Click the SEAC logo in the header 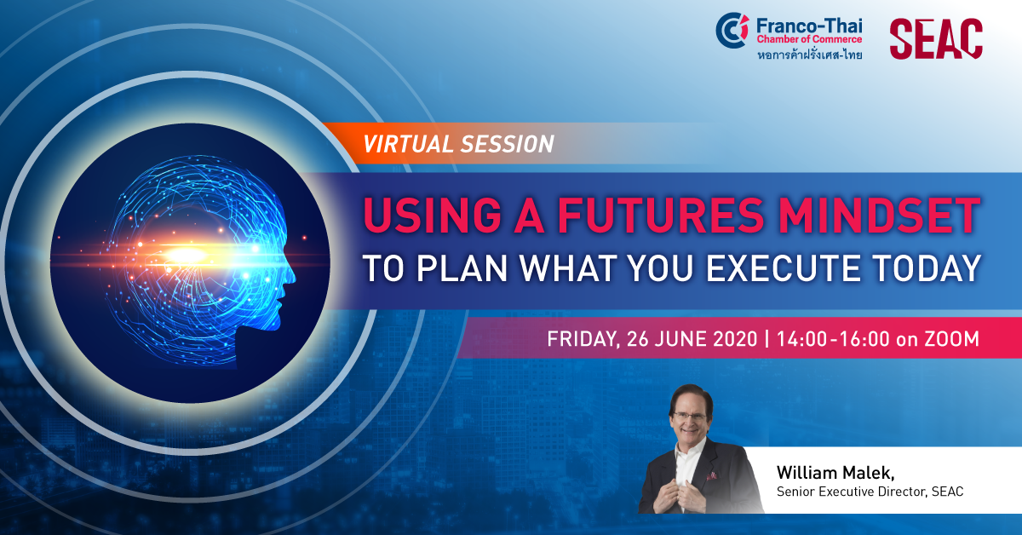click(936, 39)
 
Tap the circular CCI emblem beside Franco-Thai click(732, 30)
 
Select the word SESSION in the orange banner click(507, 144)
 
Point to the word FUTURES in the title click(660, 216)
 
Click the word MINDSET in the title click(879, 216)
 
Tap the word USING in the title click(433, 216)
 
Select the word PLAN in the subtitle click(462, 268)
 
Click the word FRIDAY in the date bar click(583, 339)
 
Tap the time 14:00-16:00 click(833, 339)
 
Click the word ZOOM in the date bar click(952, 339)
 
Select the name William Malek click(835, 473)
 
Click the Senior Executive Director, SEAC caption click(870, 492)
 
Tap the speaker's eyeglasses click(689, 417)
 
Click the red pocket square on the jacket click(711, 476)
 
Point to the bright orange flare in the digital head click(187, 256)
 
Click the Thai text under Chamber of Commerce click(809, 55)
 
